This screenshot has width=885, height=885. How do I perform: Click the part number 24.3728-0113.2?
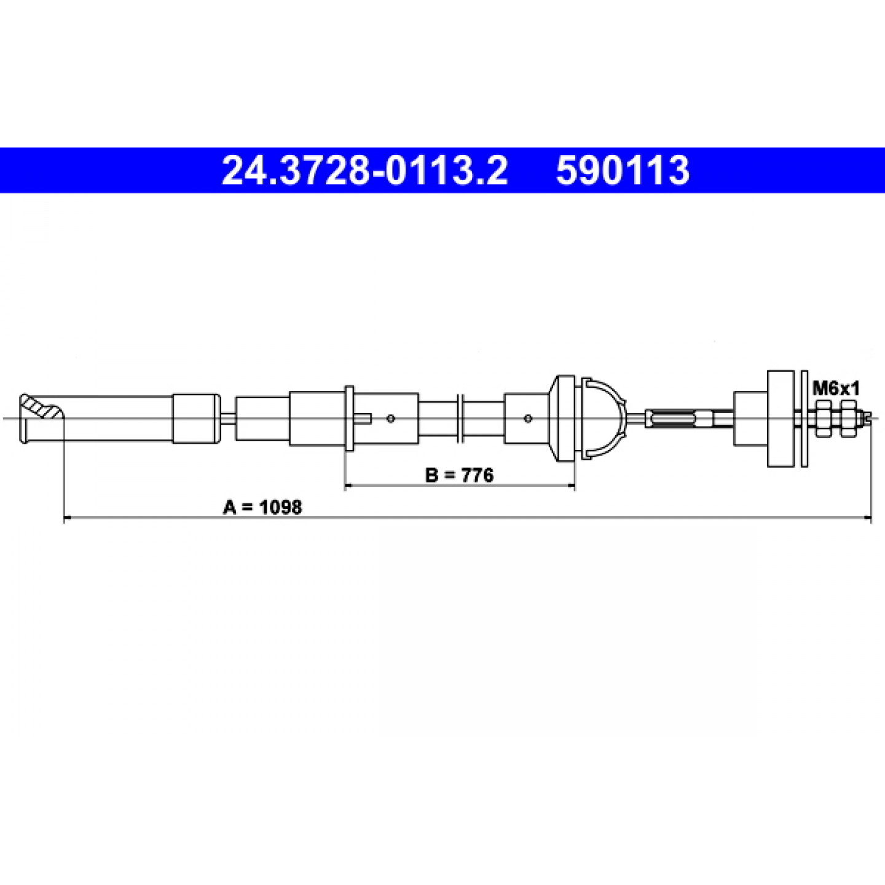click(364, 170)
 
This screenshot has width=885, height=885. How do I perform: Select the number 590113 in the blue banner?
click(623, 170)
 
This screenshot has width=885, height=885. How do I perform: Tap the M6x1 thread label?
click(836, 388)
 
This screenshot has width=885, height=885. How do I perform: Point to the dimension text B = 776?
click(459, 475)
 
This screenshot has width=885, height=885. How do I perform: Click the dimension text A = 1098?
click(262, 508)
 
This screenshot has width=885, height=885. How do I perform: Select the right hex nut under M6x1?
click(848, 418)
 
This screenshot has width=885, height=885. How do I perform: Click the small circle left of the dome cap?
click(528, 418)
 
